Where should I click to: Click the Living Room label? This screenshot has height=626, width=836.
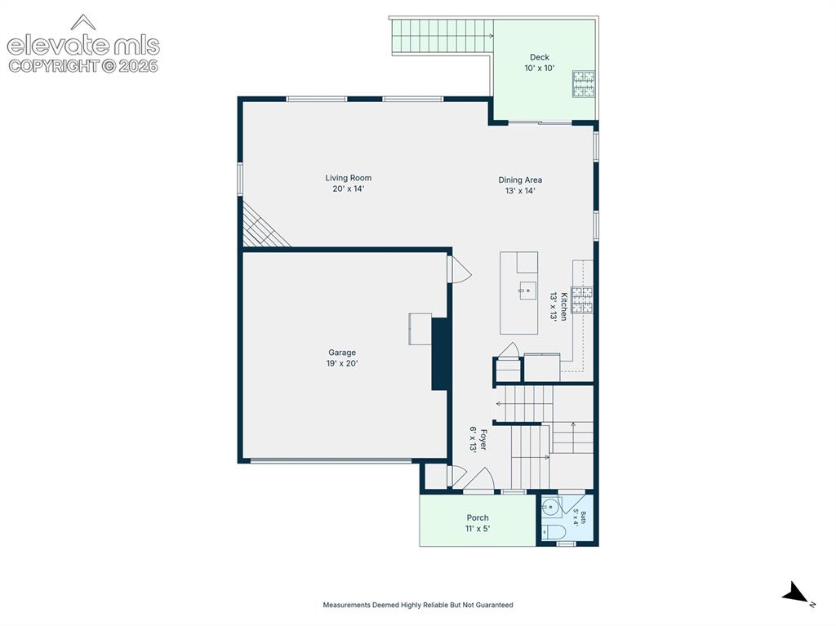(348, 184)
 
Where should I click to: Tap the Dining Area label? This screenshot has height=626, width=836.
(520, 185)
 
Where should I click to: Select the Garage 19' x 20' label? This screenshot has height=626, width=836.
(342, 357)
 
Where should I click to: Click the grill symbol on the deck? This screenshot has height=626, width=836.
(584, 84)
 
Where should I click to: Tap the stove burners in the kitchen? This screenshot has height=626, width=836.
(582, 300)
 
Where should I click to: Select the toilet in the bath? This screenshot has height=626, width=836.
(553, 531)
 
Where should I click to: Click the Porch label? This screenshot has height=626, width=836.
(478, 523)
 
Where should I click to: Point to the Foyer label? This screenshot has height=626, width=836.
(478, 439)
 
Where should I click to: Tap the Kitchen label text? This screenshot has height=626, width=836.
(558, 306)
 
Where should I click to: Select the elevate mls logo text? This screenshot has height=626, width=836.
(83, 46)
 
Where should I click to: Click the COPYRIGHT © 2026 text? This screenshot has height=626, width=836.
(83, 66)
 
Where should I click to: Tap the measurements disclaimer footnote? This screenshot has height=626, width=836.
(418, 605)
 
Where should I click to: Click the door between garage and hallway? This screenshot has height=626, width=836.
(460, 270)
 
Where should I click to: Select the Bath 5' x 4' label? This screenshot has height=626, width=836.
(580, 518)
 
